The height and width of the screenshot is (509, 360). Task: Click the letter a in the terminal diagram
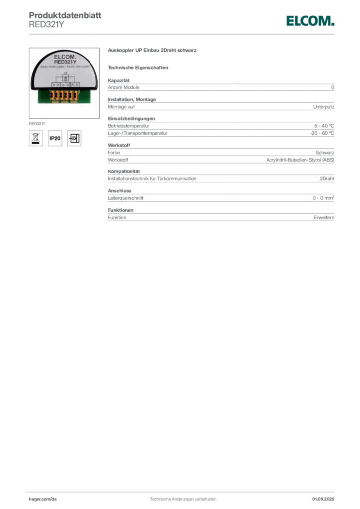[63, 85]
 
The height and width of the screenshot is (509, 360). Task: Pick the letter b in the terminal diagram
[67, 85]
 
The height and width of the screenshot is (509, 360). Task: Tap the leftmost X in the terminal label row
[53, 85]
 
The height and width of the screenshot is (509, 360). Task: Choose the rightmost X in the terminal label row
[77, 85]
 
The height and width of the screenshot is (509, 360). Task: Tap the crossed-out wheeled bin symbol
[35, 138]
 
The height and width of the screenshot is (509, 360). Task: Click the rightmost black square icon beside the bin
[75, 138]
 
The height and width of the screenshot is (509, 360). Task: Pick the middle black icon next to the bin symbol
[55, 138]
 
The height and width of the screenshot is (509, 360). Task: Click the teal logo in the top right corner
[309, 21]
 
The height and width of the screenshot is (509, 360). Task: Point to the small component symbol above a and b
[65, 78]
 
